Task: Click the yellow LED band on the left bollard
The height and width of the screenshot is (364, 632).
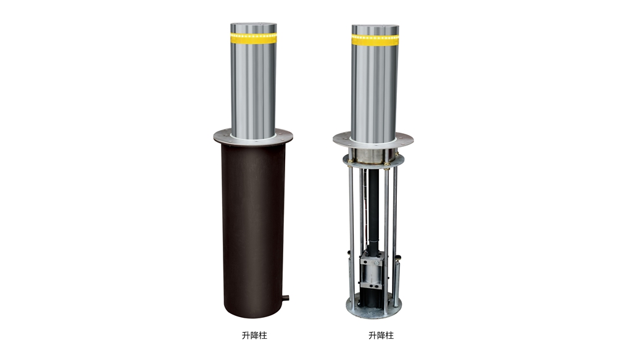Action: [254, 38]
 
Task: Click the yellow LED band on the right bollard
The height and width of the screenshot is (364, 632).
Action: [375, 40]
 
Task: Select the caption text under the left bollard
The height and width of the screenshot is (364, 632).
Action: [254, 336]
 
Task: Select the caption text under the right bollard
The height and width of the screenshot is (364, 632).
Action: [381, 336]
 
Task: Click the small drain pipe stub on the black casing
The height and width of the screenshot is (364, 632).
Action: [286, 298]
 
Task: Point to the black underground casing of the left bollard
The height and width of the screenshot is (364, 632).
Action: [254, 230]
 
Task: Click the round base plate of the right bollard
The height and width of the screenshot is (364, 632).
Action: [373, 309]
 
